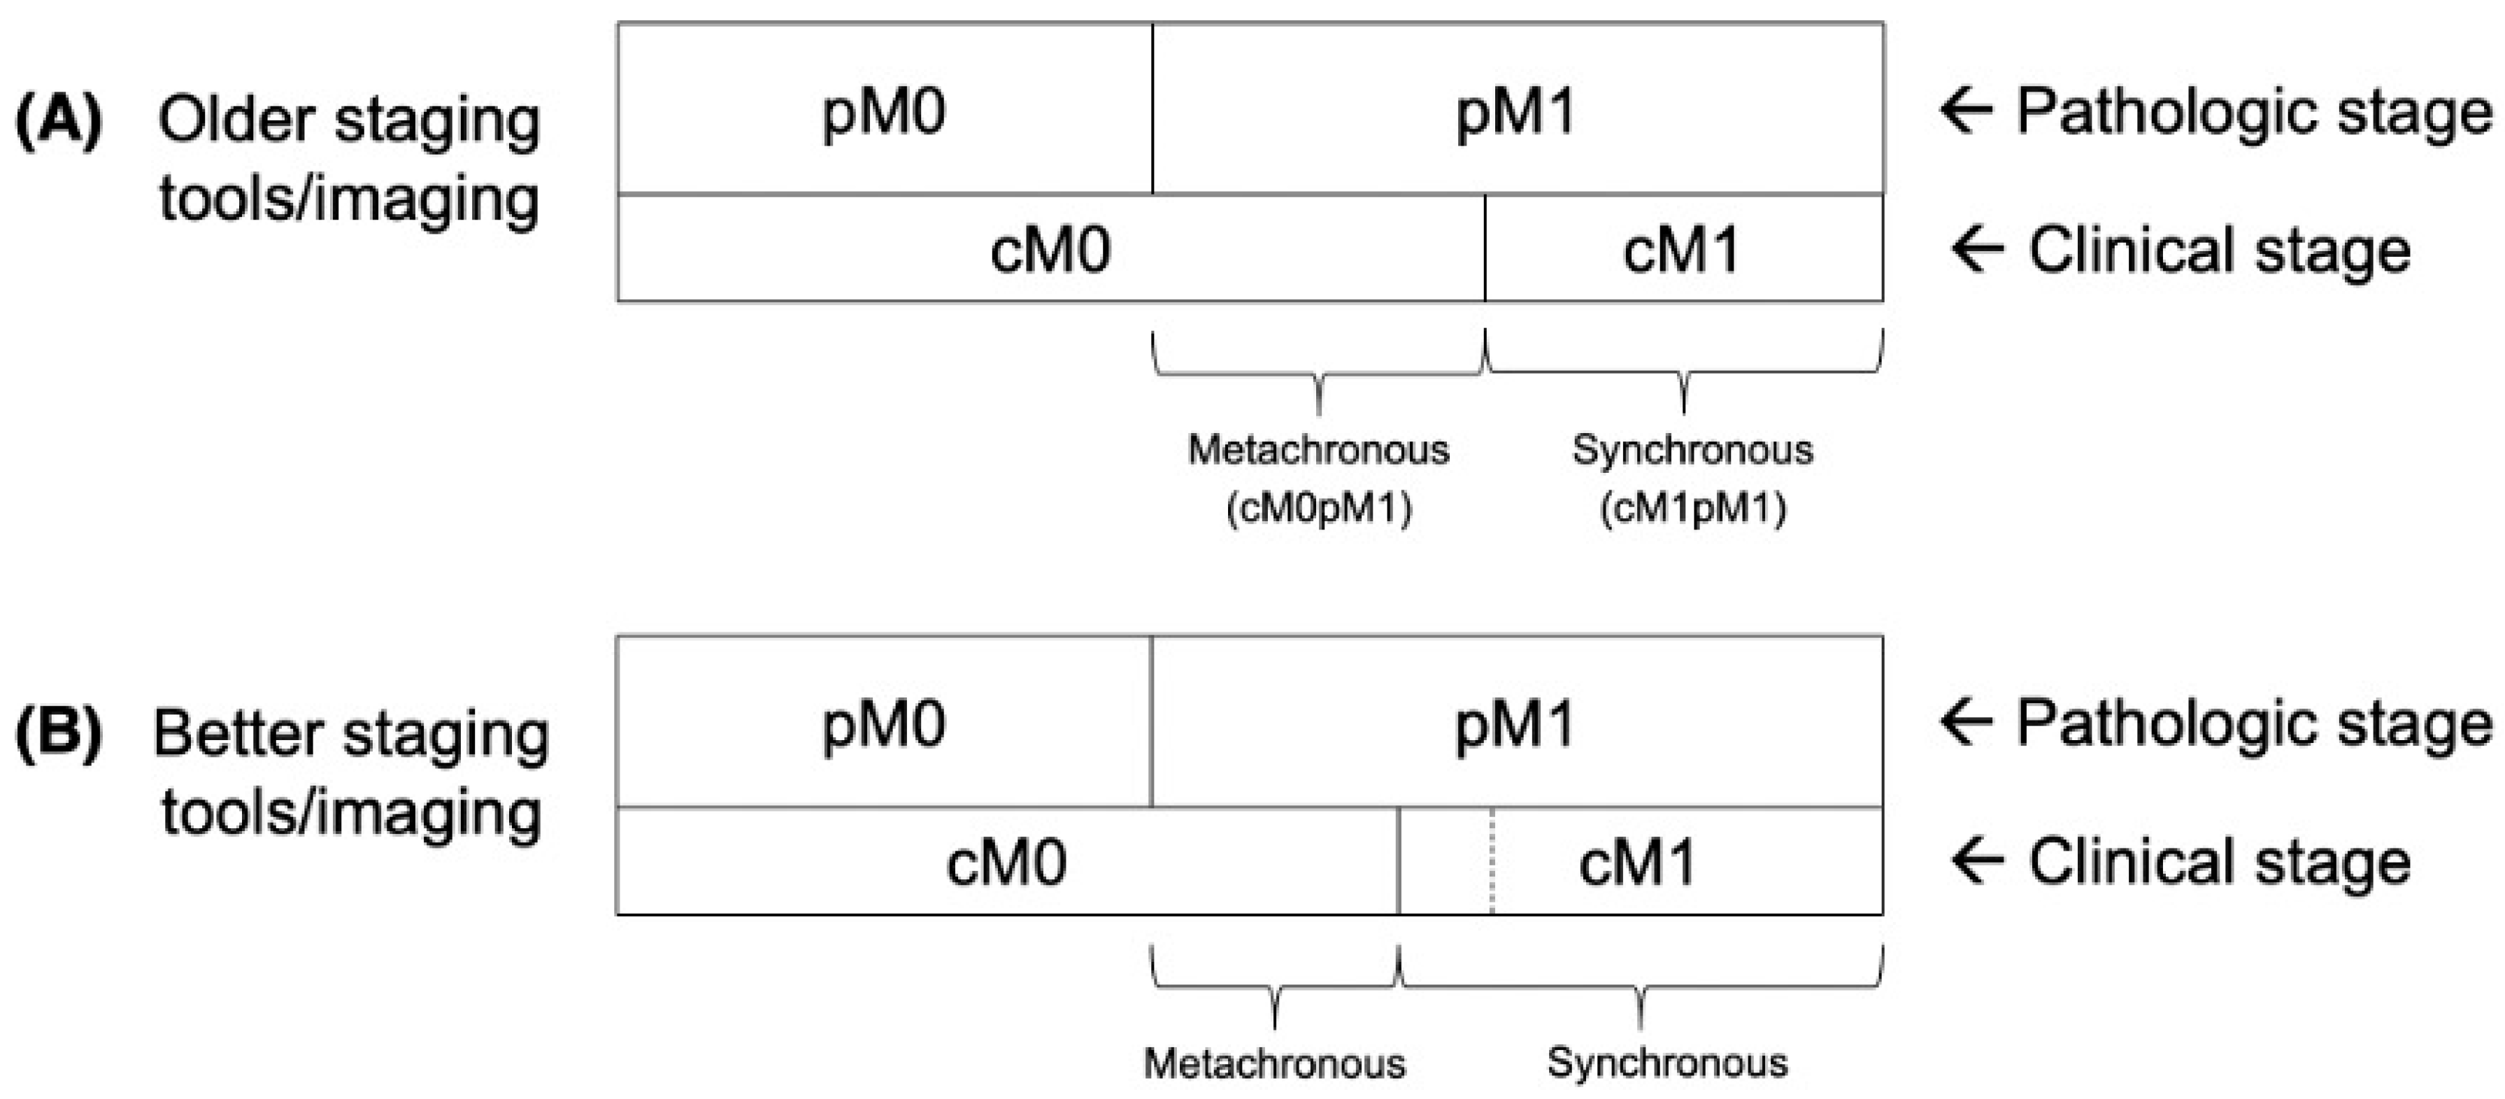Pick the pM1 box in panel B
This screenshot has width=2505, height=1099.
pos(1514,725)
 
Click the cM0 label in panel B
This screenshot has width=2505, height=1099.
pos(1006,863)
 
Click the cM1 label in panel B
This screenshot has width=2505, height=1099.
pos(1638,863)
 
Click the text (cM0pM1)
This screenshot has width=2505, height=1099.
pos(1319,509)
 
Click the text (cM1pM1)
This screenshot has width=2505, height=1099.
pos(1693,509)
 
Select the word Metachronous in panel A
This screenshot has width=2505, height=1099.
pos(1319,449)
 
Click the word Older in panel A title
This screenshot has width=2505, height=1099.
pos(237,122)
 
